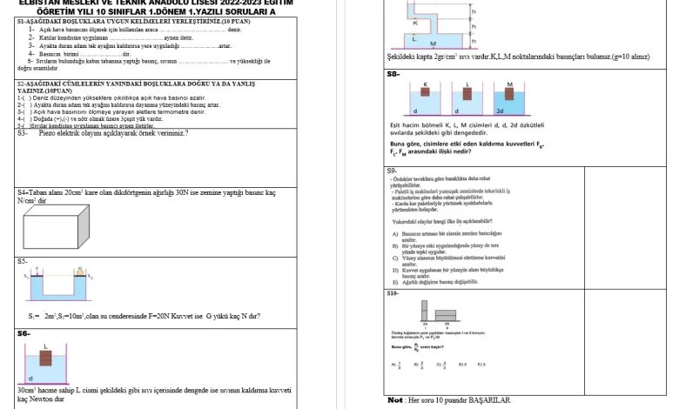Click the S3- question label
click(x=23, y=133)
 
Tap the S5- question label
click(x=23, y=260)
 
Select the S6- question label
click(x=24, y=333)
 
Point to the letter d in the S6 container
click(x=31, y=379)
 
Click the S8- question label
click(x=393, y=74)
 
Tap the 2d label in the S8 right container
click(x=500, y=111)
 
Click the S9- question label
click(x=393, y=171)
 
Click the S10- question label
click(x=394, y=293)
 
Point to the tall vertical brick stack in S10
click(x=424, y=312)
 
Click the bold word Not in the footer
click(x=394, y=400)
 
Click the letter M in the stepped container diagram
click(x=433, y=43)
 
